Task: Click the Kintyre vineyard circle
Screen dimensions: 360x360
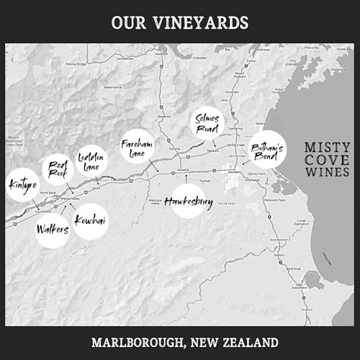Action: pos(22,184)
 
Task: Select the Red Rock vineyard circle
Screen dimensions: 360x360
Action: pos(57,169)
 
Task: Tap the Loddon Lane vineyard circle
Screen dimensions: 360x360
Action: pos(91,161)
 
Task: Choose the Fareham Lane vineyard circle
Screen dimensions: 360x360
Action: pos(136,147)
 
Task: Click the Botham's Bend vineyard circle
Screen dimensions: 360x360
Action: pos(266,150)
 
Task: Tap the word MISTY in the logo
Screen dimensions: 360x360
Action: pos(326,147)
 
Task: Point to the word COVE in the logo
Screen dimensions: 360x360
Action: pos(326,160)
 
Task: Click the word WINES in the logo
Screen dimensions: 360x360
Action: pos(326,173)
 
